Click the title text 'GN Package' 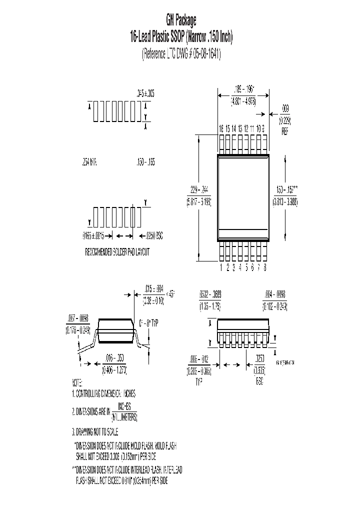pos(181,20)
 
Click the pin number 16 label pos(221,128)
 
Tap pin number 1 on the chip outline pos(221,267)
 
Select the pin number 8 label pos(265,267)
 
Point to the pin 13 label pos(240,128)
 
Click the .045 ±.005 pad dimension pos(145,93)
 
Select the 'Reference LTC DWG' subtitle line pos(181,54)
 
